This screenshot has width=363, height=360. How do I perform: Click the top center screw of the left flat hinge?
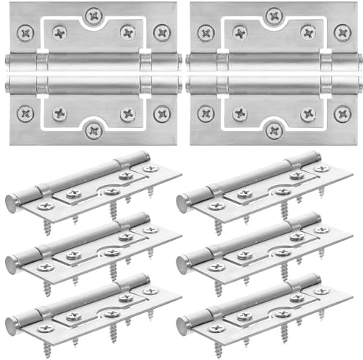coord(93,15)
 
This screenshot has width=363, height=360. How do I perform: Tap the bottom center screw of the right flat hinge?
coord(274,130)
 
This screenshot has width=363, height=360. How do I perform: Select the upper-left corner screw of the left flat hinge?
coord(26,32)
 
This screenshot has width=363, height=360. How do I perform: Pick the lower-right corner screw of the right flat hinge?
coord(341,113)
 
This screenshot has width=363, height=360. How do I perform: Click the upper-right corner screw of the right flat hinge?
coord(341,32)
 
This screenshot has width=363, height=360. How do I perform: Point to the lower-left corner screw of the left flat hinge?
coord(26,113)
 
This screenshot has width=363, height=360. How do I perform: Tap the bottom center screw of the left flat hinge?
coord(93,130)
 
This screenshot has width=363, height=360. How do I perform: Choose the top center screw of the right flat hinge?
coord(274,15)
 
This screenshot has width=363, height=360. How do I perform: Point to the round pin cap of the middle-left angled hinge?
coord(12,264)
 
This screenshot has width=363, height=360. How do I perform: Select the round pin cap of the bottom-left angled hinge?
coord(12,323)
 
